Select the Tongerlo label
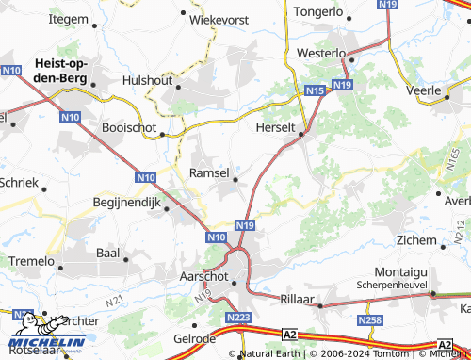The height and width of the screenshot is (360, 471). pyautogui.click(x=318, y=12)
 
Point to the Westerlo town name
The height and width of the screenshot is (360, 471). pyautogui.click(x=323, y=54)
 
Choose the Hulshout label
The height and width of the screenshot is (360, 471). pyautogui.click(x=147, y=81)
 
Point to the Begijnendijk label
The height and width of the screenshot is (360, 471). pyautogui.click(x=127, y=201)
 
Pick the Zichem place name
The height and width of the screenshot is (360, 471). pyautogui.click(x=415, y=240)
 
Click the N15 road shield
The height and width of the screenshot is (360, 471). pyautogui.click(x=316, y=90)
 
